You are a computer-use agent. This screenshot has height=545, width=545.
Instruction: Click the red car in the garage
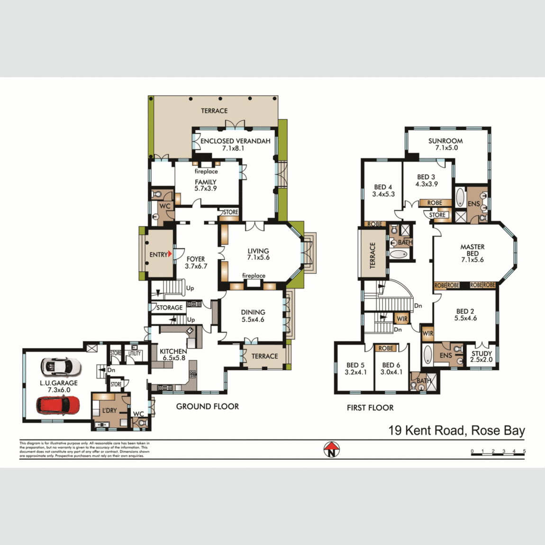pos(58,405)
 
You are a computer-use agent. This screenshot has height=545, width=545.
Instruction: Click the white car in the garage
pos(61,366)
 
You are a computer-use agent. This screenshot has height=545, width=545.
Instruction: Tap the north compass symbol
pos(332,449)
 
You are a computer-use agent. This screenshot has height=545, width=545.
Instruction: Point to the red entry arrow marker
pos(170,254)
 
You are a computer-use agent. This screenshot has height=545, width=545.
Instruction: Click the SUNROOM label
pos(445,141)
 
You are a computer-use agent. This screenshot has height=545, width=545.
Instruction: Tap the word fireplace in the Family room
pos(206,172)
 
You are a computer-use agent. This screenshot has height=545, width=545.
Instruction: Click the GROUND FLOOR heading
pos(208,406)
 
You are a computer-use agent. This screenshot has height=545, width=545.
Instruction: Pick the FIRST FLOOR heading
pos(370,408)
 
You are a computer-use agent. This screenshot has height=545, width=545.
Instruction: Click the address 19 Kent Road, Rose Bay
pos(456,430)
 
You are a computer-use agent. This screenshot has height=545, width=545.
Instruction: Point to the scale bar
pos(498,454)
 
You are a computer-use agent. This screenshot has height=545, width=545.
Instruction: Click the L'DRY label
pos(109,410)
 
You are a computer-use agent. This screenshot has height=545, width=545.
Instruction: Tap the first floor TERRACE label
pos(372,255)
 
